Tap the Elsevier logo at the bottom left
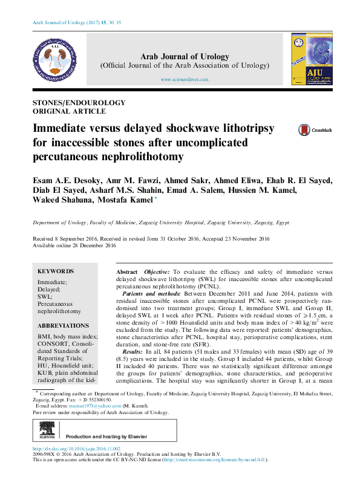click(47, 434)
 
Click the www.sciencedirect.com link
click(185, 80)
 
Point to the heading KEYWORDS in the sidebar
click(56, 271)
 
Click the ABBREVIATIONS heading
click(63, 325)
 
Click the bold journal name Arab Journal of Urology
click(185, 57)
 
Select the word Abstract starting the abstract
click(127, 273)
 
